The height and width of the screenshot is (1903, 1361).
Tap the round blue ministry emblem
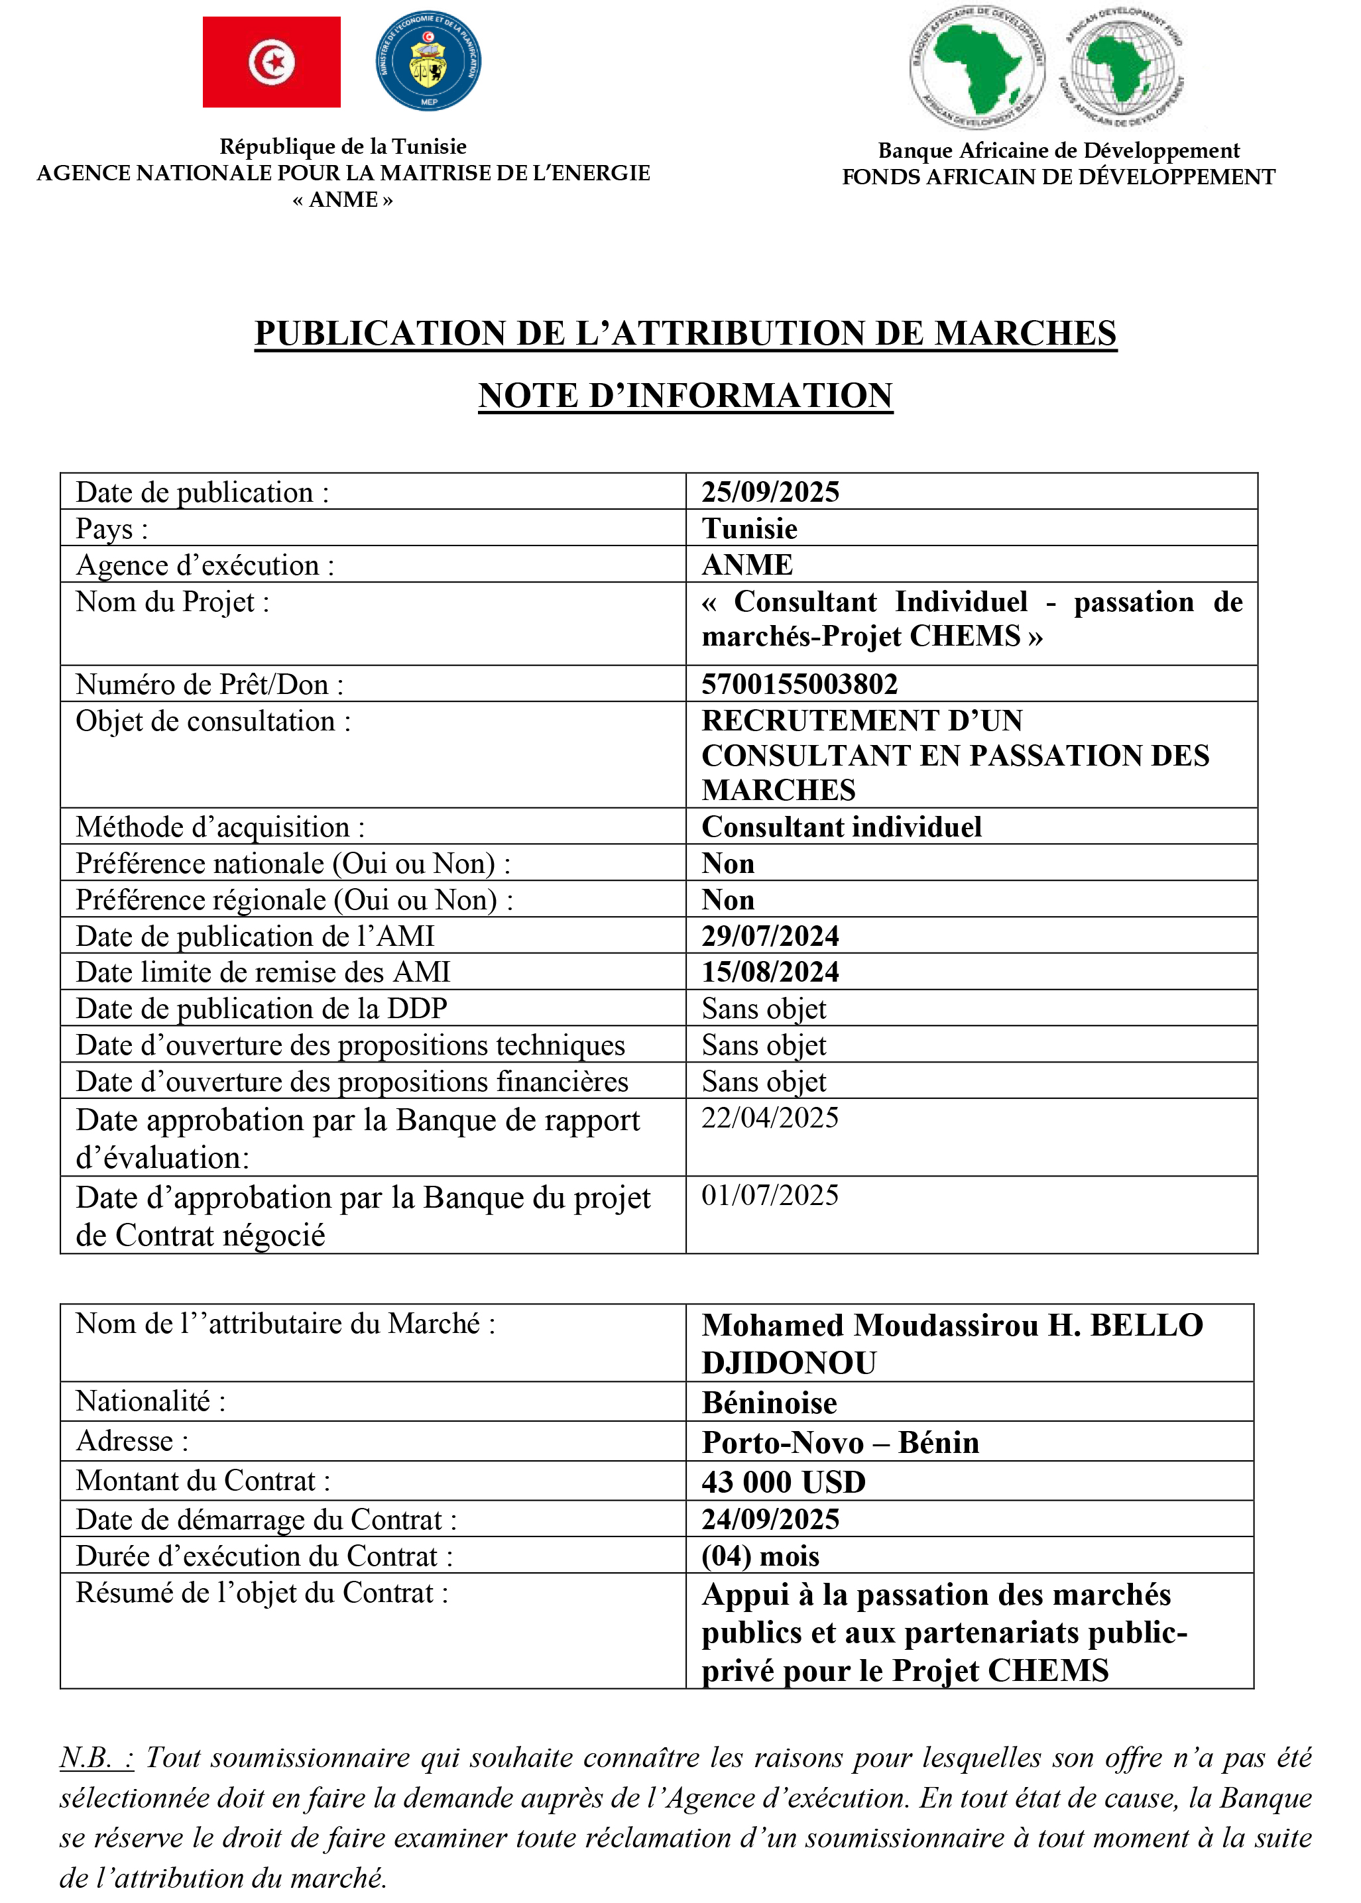[x=428, y=61]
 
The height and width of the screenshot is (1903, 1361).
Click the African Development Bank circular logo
[x=977, y=67]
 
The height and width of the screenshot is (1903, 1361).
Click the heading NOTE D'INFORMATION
[x=685, y=396]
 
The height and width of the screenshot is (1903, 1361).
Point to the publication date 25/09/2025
[x=770, y=492]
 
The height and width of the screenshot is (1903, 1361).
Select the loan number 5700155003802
[x=799, y=684]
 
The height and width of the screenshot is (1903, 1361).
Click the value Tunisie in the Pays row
[x=749, y=529]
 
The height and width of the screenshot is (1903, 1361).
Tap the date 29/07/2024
[x=770, y=935]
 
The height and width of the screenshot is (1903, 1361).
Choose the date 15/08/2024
[x=770, y=971]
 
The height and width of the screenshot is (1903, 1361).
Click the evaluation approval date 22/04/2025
[x=770, y=1117]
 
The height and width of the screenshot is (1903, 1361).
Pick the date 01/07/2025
[x=770, y=1195]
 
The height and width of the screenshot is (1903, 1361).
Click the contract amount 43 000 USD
[x=784, y=1481]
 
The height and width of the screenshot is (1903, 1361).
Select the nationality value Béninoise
[x=770, y=1403]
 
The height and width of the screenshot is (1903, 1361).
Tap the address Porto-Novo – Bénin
[x=841, y=1442]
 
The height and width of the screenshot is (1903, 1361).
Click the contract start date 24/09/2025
[x=770, y=1519]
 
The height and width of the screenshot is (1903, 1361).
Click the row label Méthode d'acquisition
[x=220, y=827]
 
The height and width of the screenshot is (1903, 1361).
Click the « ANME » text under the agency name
[x=342, y=200]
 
